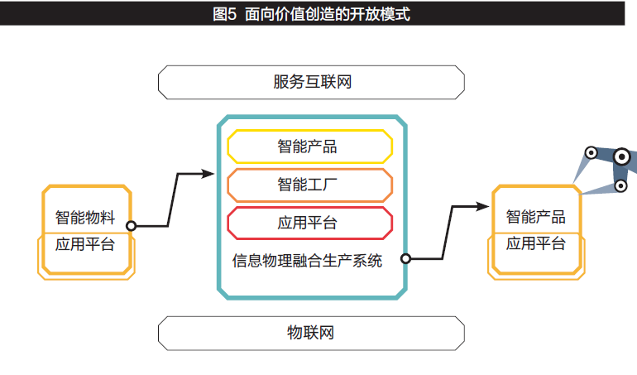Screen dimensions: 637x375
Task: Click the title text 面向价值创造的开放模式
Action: coord(328,14)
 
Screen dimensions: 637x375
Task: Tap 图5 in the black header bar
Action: coord(224,14)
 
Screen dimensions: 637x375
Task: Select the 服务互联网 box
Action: coord(311,82)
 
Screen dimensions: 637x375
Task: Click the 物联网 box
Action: coord(311,333)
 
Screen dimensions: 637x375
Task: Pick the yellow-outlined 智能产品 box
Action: coord(310,147)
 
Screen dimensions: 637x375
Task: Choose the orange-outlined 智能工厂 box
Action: coord(310,185)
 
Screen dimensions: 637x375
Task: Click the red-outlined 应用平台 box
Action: coord(310,223)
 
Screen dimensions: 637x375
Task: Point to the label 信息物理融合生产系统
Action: coord(307,261)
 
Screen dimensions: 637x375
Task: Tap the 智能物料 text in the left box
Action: coord(85,217)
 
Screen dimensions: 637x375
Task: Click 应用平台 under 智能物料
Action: coord(85,244)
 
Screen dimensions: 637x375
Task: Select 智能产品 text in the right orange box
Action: coord(536,217)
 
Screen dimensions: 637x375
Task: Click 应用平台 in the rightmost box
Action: coord(536,243)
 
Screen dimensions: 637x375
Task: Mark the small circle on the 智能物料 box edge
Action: coord(131,226)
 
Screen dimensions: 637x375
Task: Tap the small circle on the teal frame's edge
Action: coord(405,258)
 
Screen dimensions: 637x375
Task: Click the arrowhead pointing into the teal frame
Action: coord(208,174)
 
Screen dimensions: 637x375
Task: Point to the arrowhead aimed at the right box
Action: coord(482,207)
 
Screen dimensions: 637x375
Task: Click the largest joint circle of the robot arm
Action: coord(621,156)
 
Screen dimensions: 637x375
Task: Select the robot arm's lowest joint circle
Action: coord(620,186)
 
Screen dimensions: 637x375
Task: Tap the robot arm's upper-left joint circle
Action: coord(591,153)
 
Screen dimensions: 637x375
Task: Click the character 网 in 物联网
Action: coord(327,333)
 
